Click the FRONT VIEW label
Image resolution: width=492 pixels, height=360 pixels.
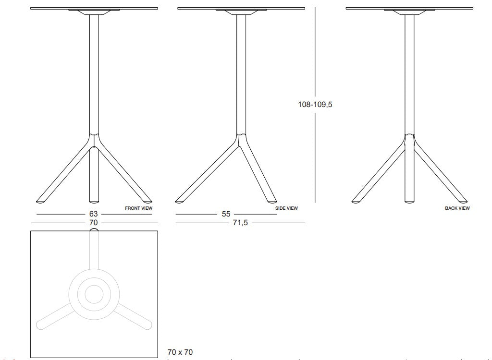138,208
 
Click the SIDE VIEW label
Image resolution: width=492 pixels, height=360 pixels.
286,208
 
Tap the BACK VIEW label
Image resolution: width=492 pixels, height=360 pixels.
457,208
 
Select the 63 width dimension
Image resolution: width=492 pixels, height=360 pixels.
93,214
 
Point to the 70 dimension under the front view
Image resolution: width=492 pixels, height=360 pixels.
93,223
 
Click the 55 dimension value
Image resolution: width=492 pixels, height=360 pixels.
226,214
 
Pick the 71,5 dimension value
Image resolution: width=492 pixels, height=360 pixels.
240,223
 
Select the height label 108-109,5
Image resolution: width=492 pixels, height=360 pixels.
315,104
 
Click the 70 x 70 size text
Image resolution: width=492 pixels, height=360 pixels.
180,352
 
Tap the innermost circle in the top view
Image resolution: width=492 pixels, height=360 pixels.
94,294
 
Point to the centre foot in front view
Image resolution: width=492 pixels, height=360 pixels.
94,198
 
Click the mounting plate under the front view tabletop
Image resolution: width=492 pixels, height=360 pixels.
94,11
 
